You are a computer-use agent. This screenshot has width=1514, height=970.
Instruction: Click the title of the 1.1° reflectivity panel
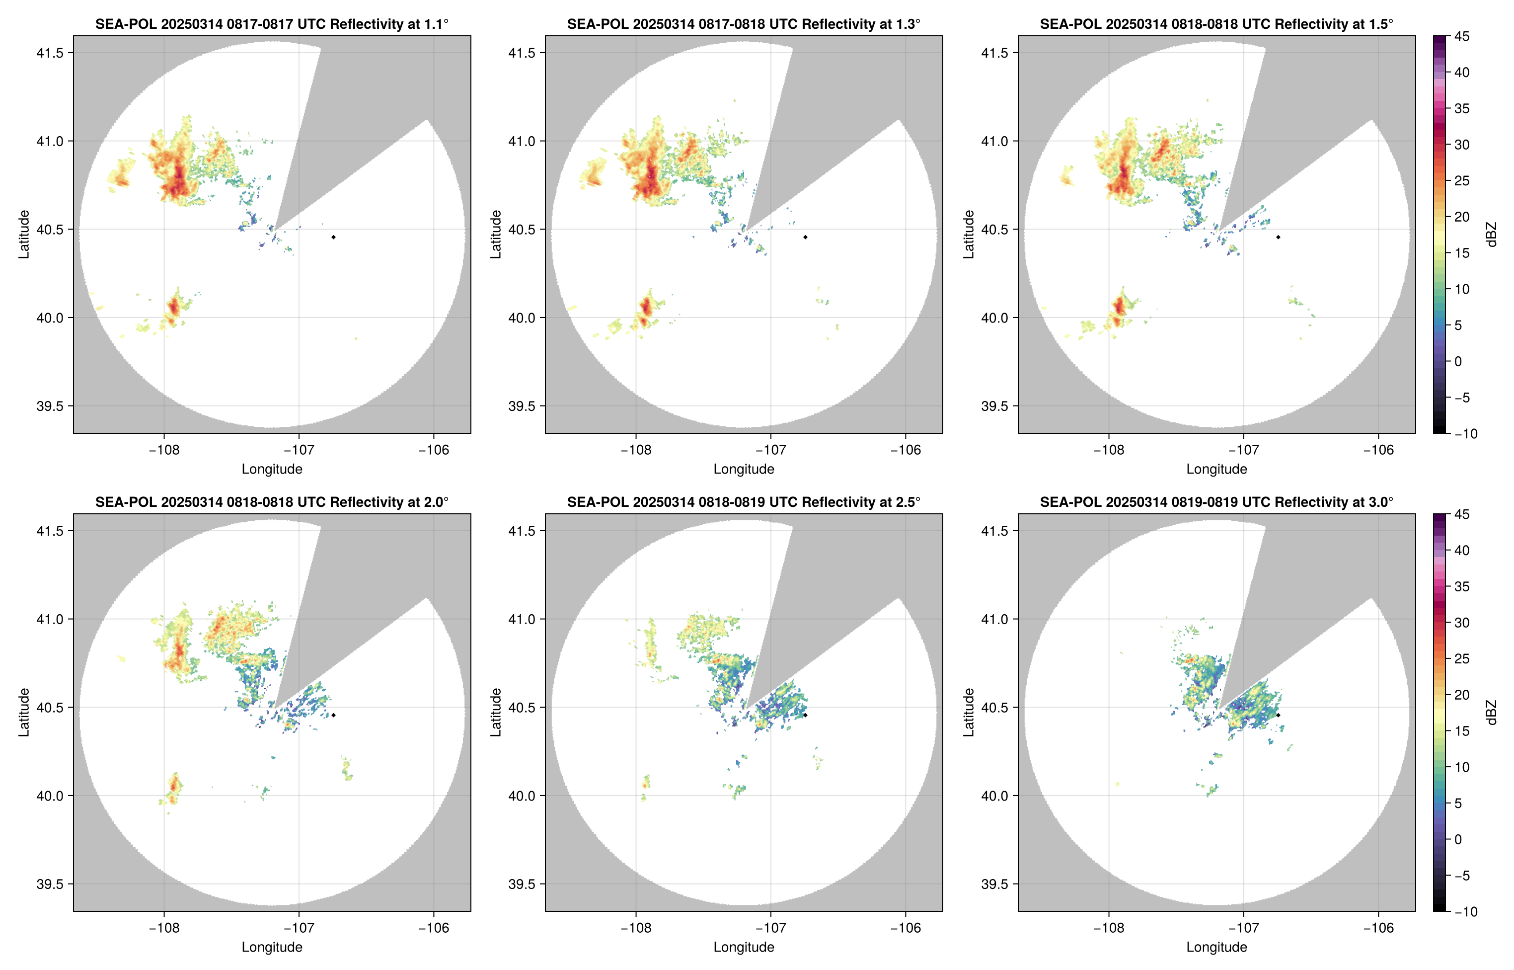click(x=272, y=24)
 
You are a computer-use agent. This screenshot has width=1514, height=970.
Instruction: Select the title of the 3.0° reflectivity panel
click(x=1216, y=502)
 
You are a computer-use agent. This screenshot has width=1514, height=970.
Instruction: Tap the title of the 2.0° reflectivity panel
click(x=272, y=502)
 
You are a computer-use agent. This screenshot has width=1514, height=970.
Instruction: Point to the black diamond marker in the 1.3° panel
click(x=805, y=238)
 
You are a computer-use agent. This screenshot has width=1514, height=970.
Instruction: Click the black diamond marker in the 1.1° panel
click(x=333, y=238)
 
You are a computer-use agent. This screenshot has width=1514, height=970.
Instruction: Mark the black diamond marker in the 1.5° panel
click(x=1278, y=238)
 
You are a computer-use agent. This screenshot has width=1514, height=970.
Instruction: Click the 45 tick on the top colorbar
click(x=1462, y=37)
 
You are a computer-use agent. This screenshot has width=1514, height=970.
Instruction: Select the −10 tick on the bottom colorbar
click(x=1465, y=911)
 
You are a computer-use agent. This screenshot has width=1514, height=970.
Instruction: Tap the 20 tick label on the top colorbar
click(x=1462, y=217)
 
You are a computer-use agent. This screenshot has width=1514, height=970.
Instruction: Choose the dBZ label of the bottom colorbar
click(x=1491, y=713)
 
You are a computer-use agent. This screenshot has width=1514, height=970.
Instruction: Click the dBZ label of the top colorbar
click(x=1491, y=235)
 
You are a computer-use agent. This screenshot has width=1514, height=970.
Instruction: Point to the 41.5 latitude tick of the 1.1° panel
click(x=50, y=53)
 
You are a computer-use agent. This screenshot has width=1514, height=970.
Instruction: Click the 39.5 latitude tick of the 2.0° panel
click(x=50, y=884)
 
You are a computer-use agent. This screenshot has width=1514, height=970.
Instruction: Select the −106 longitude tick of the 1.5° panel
click(x=1378, y=450)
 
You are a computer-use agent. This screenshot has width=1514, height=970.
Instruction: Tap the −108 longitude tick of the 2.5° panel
click(x=635, y=928)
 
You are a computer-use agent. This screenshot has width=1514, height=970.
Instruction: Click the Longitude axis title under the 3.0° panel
click(x=1216, y=947)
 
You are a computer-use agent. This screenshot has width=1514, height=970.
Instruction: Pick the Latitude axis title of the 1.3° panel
click(x=496, y=235)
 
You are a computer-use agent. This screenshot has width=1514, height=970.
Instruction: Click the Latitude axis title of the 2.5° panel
click(x=496, y=713)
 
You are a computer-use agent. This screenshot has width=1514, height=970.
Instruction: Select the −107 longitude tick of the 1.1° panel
click(x=299, y=450)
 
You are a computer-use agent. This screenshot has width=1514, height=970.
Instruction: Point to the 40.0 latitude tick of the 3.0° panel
click(x=994, y=796)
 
